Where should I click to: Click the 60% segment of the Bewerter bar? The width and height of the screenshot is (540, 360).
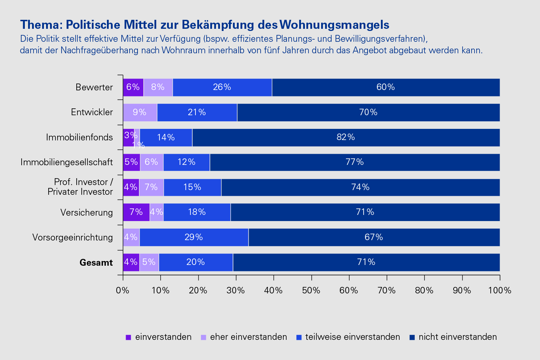(x=386, y=87)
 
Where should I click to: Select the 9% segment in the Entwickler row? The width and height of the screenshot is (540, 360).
(x=140, y=112)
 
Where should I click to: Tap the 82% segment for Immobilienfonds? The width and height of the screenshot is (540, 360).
(x=346, y=137)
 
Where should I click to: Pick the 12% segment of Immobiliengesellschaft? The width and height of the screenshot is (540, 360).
(x=186, y=162)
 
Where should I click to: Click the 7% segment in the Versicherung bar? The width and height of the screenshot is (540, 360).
(x=136, y=212)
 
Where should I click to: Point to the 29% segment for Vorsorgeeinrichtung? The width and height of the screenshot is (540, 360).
(x=194, y=237)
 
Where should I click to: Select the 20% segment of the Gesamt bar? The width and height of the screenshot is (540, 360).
(x=195, y=262)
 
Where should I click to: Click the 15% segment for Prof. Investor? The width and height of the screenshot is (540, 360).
(x=192, y=187)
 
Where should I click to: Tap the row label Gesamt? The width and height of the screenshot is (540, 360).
(x=96, y=262)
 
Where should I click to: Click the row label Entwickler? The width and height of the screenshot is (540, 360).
(x=92, y=112)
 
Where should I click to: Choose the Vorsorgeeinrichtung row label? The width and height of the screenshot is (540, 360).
(x=72, y=238)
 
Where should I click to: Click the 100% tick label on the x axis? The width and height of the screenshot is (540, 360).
(x=500, y=290)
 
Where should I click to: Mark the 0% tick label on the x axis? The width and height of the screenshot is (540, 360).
(x=123, y=290)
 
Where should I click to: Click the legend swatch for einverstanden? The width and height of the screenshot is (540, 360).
(x=129, y=337)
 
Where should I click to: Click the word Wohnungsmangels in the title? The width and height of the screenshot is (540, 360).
(x=334, y=24)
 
